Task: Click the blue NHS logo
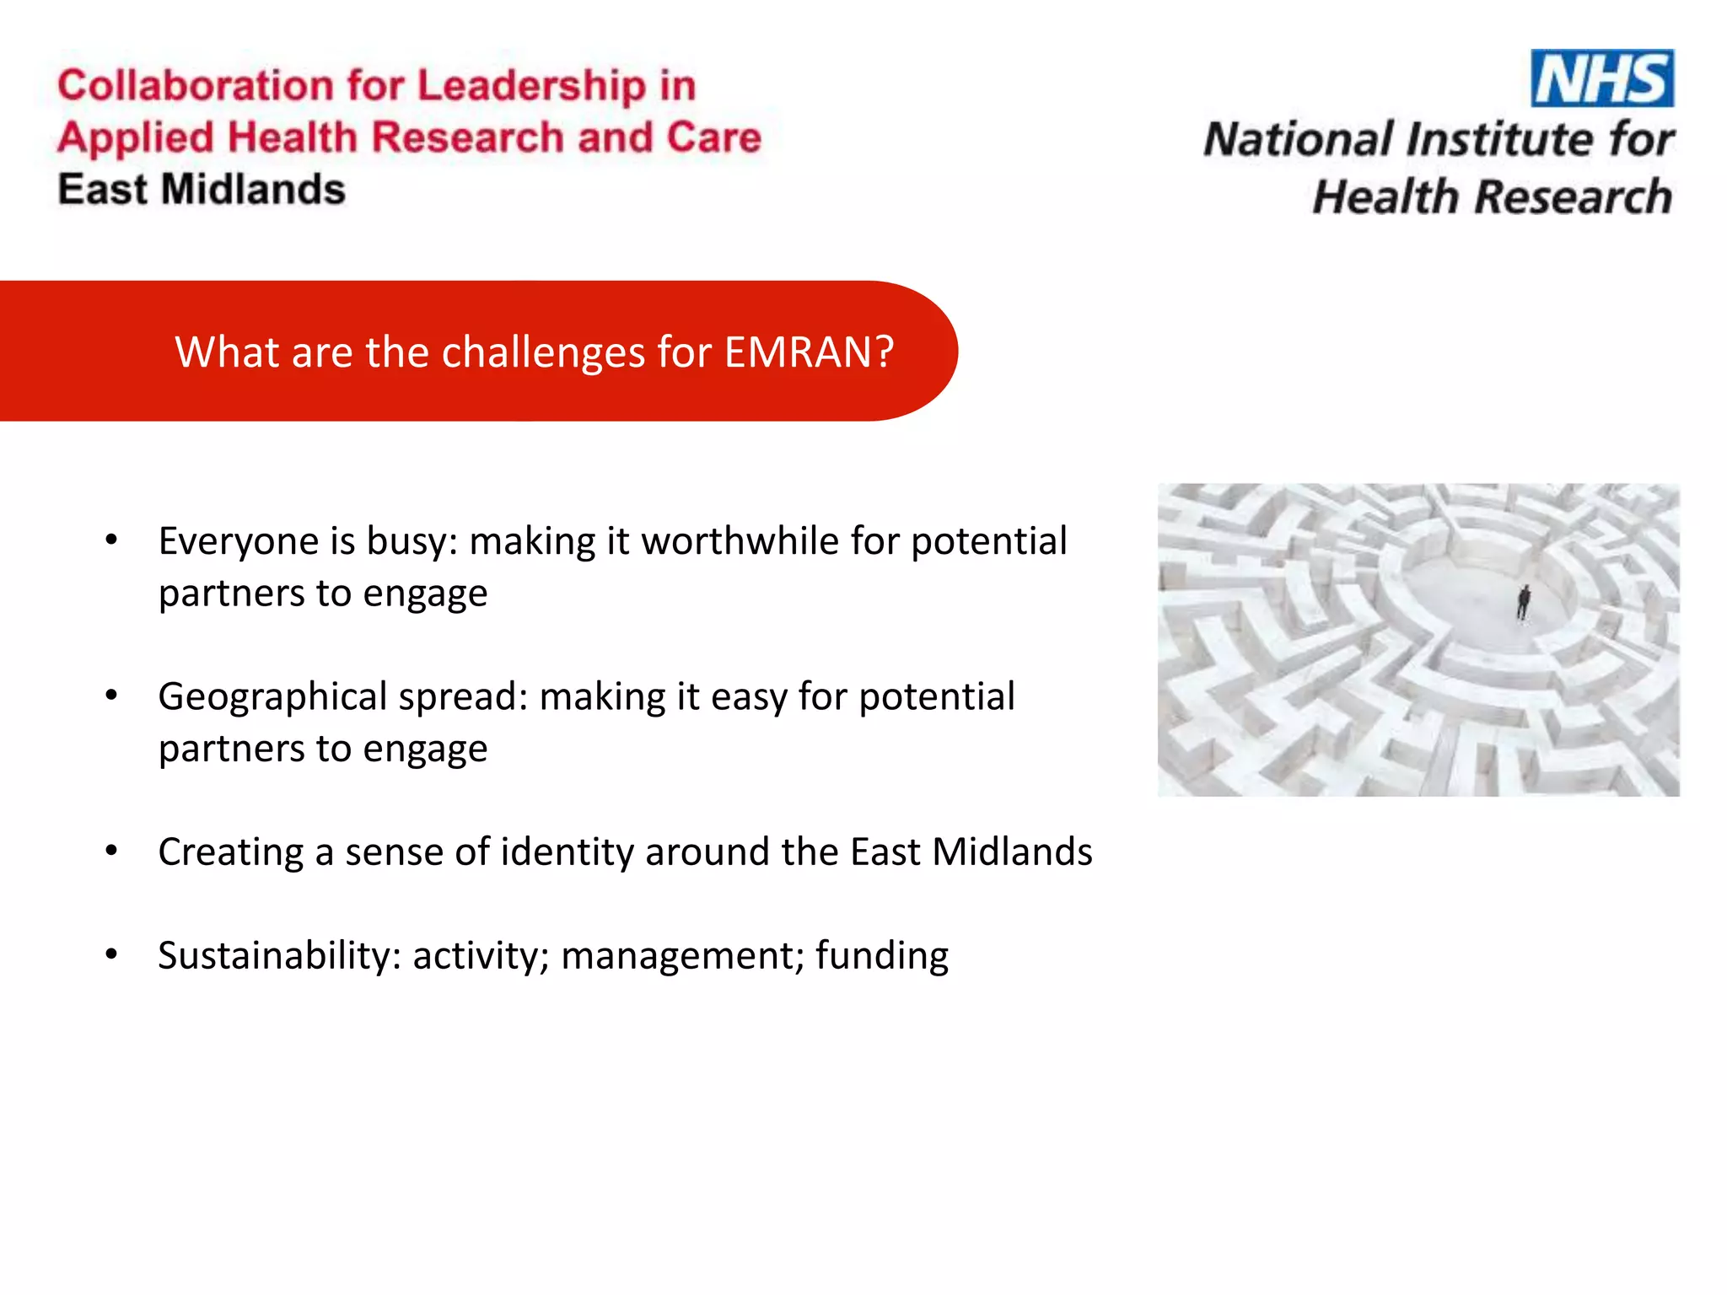tap(1601, 78)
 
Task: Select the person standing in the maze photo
tap(1523, 602)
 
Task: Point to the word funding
tap(881, 955)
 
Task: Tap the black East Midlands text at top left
tap(202, 189)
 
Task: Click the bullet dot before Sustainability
tap(111, 954)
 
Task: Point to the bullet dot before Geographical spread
tap(111, 696)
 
